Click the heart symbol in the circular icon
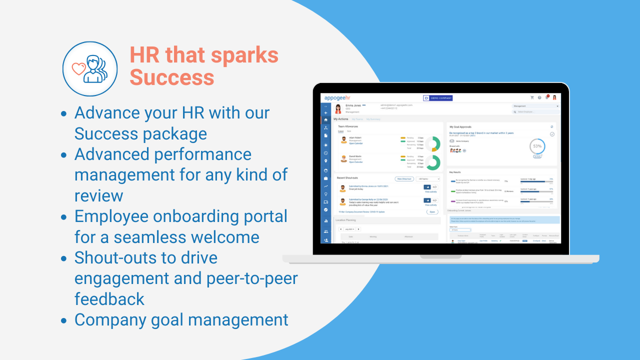pos(79,68)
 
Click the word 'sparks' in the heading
pos(244,55)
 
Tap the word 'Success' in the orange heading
pos(172,77)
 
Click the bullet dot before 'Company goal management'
pos(64,320)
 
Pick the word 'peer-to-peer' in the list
pos(250,278)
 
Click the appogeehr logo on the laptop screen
pos(337,97)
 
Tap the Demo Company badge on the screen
pos(437,98)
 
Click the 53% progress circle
pos(537,146)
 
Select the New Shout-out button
pos(403,178)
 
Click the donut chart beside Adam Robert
pos(432,144)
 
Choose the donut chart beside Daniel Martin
pos(432,162)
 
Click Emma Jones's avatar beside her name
pos(338,108)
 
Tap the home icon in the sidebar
pos(326,119)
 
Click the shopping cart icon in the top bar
pos(532,97)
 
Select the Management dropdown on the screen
pos(535,106)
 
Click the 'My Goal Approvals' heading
pos(460,127)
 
